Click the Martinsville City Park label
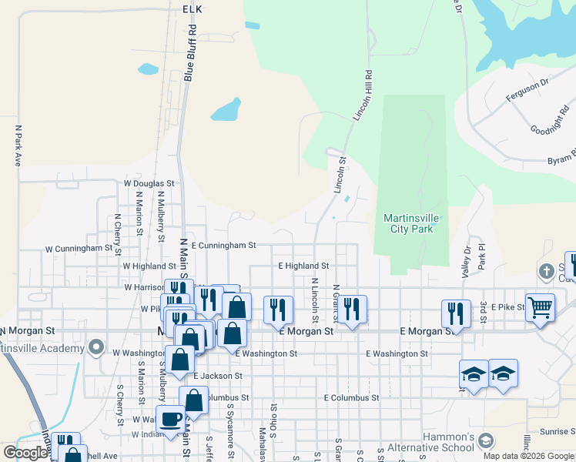(412, 223)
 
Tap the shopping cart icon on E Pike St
(540, 307)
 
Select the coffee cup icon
(170, 420)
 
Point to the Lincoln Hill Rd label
(363, 95)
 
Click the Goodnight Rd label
(548, 125)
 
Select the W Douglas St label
(149, 184)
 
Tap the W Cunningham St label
(79, 249)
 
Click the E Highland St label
(303, 266)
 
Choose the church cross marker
(546, 272)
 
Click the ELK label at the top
(192, 8)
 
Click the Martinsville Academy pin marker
(96, 347)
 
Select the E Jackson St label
(218, 376)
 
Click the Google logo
(25, 453)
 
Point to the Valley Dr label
(466, 262)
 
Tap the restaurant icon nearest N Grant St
(353, 309)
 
